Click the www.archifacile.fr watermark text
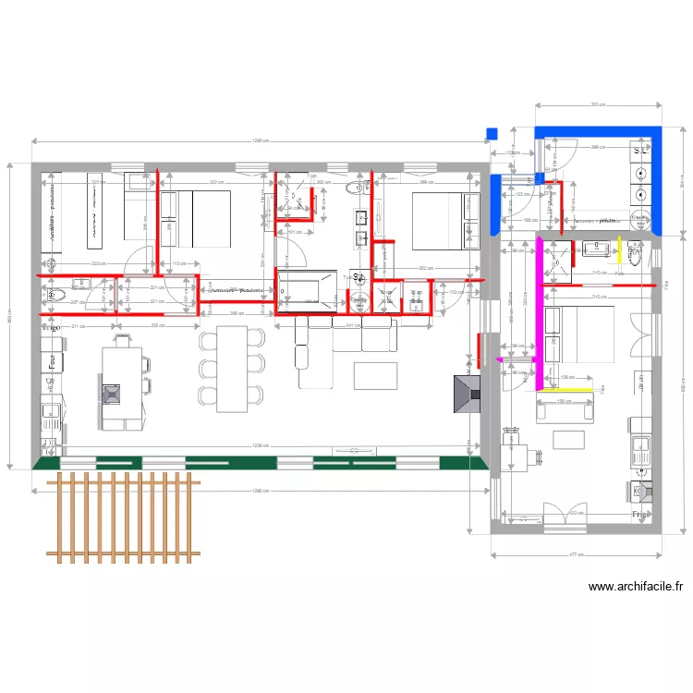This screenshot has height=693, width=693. [x=636, y=586]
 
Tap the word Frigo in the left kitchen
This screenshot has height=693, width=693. [x=51, y=327]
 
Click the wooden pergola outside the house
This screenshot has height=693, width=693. [x=124, y=516]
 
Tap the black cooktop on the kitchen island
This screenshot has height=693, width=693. [x=112, y=394]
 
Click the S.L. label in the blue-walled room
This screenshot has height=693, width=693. [x=640, y=150]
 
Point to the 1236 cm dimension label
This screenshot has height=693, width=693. [x=261, y=446]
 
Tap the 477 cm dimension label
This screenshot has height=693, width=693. [x=573, y=554]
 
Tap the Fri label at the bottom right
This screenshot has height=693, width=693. [x=638, y=513]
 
